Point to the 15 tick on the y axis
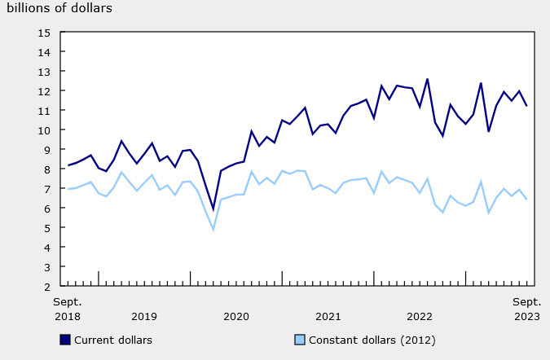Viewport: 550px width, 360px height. pyautogui.click(x=45, y=33)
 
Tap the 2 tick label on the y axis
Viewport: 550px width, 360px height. pyautogui.click(x=47, y=287)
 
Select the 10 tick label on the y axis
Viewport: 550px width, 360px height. pyautogui.click(x=45, y=130)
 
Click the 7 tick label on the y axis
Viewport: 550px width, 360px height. pyautogui.click(x=47, y=189)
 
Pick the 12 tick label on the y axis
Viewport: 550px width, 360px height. pyautogui.click(x=45, y=91)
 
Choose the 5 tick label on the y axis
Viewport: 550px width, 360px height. pyautogui.click(x=47, y=228)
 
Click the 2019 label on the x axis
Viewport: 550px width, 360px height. pyautogui.click(x=144, y=316)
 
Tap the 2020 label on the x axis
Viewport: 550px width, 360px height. pyautogui.click(x=236, y=316)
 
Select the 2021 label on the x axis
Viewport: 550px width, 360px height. pyautogui.click(x=328, y=316)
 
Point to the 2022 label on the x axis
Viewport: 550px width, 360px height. pyautogui.click(x=420, y=316)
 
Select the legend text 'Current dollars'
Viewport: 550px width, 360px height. pyautogui.click(x=113, y=340)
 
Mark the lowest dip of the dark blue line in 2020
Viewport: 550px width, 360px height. pyautogui.click(x=213, y=209)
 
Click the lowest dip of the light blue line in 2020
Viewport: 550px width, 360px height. pyautogui.click(x=213, y=230)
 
